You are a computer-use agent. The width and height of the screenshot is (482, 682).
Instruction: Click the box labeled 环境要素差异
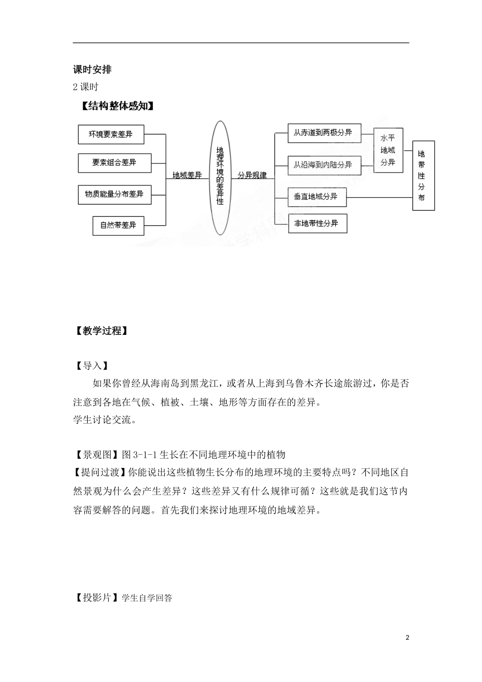[x=111, y=134]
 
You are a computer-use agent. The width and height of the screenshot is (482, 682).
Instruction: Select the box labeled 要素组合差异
[x=114, y=163]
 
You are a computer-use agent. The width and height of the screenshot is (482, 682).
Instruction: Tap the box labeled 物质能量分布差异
[x=114, y=194]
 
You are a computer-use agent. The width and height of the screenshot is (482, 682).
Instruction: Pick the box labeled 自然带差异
[x=118, y=225]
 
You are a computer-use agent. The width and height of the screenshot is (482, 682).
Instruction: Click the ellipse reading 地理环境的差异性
[x=220, y=178]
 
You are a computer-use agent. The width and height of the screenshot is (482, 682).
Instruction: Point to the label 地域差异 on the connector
[x=187, y=175]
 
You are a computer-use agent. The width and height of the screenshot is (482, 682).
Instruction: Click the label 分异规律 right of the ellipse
[x=252, y=175]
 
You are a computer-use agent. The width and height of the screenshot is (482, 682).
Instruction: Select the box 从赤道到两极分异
[x=323, y=133]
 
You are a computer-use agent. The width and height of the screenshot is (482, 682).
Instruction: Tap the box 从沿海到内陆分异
[x=323, y=165]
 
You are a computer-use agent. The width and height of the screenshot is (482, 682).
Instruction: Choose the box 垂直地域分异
[x=317, y=196]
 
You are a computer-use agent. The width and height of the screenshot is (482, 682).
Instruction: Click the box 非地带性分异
[x=318, y=223]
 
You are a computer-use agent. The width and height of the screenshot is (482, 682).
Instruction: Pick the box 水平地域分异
[x=388, y=150]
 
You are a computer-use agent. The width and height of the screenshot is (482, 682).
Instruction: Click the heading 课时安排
[x=92, y=70]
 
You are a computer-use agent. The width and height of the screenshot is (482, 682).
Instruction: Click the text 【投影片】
[x=97, y=598]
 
